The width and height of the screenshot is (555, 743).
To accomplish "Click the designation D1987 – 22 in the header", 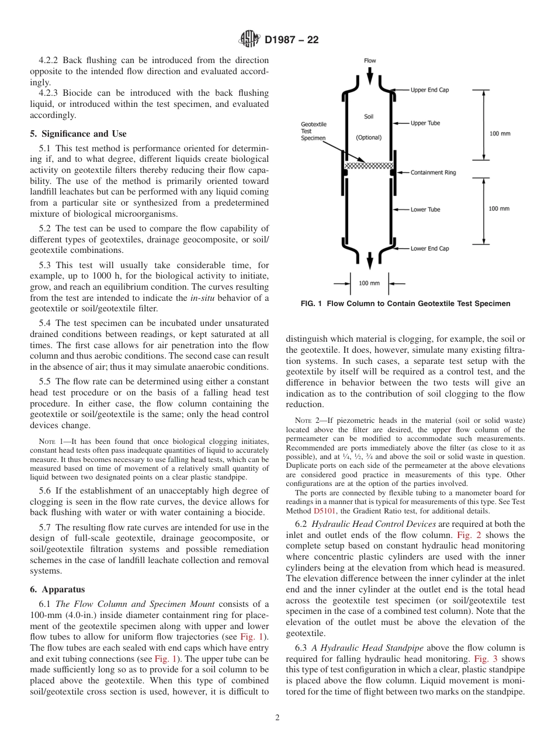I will pyautogui.click(x=291, y=40).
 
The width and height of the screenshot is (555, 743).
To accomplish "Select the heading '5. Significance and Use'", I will pyautogui.click(x=78, y=134).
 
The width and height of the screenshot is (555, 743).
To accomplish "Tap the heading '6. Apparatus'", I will pyautogui.click(x=57, y=590).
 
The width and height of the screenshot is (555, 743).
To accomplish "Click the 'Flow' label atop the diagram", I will pyautogui.click(x=370, y=61).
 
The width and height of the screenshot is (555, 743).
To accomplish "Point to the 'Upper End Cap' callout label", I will pyautogui.click(x=429, y=90).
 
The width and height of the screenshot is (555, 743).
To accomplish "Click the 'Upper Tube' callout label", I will pyautogui.click(x=425, y=123).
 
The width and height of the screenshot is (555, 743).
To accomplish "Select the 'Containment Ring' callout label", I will pyautogui.click(x=433, y=173).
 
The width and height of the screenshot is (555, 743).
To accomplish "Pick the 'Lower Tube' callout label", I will pyautogui.click(x=425, y=210).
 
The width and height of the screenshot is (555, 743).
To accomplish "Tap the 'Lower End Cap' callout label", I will pyautogui.click(x=429, y=248).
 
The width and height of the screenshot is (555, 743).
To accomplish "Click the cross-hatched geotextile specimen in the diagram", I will pyautogui.click(x=369, y=166).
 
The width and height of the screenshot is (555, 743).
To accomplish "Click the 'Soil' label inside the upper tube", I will pyautogui.click(x=369, y=117).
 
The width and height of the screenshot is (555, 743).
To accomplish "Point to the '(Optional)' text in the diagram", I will pyautogui.click(x=369, y=138).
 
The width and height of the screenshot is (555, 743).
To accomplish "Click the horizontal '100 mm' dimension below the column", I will pyautogui.click(x=369, y=283).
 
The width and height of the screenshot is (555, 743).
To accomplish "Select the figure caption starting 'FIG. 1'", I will pyautogui.click(x=405, y=304).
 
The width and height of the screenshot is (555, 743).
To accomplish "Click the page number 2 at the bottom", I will pyautogui.click(x=277, y=718).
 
